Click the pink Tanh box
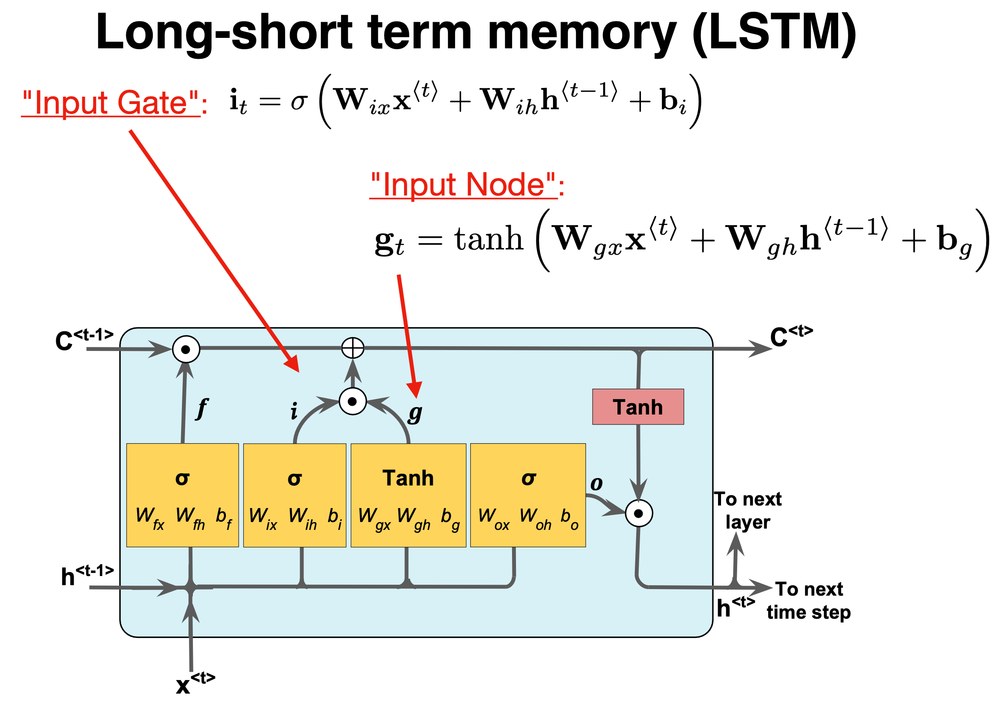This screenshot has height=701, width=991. (x=637, y=407)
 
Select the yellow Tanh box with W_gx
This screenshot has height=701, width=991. (x=408, y=495)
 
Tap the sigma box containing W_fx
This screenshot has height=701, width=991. (x=182, y=495)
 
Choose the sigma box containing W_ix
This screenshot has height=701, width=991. (x=295, y=495)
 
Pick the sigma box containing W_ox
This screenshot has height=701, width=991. (x=528, y=495)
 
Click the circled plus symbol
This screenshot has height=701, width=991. (x=353, y=348)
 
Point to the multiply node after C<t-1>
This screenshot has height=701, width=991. (x=186, y=349)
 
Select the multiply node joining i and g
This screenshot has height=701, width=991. (x=353, y=401)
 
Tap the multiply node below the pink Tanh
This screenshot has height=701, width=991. (x=639, y=513)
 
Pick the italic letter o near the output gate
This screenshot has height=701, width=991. (x=597, y=483)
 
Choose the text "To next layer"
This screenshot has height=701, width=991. (x=748, y=510)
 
